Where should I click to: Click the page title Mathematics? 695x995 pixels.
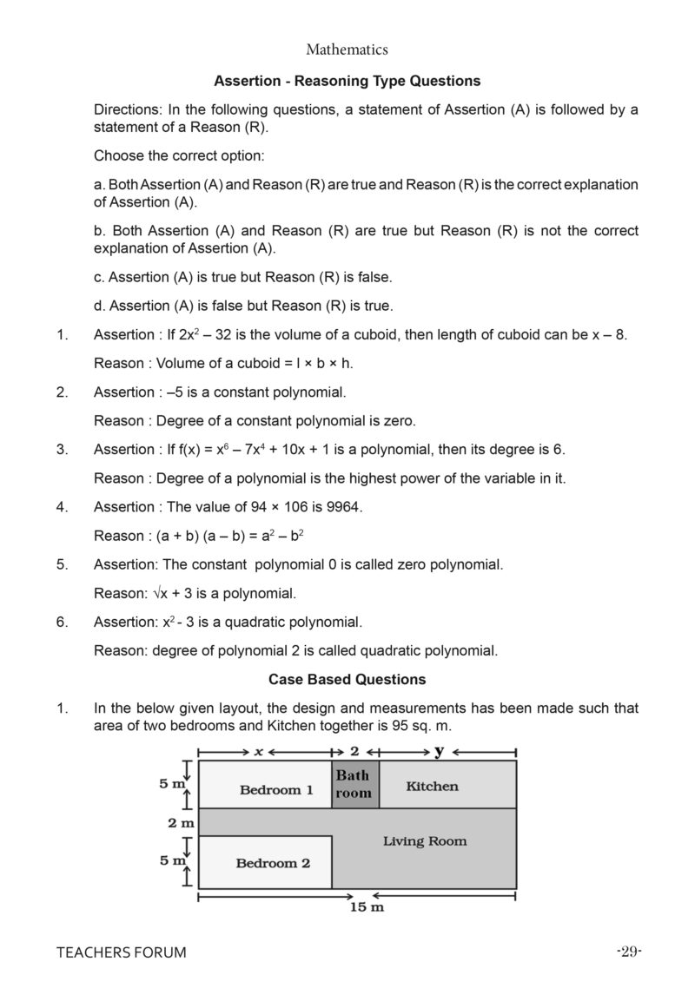pos(347,50)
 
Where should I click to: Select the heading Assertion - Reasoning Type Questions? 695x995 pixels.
pos(347,81)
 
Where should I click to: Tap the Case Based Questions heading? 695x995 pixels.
pos(347,679)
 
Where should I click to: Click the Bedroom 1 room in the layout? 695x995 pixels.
pos(276,789)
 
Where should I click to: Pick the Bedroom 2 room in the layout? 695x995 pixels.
pos(273,863)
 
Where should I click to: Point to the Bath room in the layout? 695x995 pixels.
pos(354,784)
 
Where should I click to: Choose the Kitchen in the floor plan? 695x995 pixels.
pos(432,786)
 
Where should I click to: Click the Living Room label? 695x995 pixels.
pos(425,840)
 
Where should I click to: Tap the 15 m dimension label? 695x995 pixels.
pos(367,907)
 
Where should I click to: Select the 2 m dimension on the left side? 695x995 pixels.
pos(181,822)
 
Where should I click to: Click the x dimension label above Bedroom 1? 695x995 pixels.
pos(258,751)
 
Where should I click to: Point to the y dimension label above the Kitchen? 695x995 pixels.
pos(439,750)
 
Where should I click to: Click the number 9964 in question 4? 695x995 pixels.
pos(341,507)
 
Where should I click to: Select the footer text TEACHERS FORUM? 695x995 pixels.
pos(122,952)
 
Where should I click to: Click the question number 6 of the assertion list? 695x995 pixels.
pos(62,622)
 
